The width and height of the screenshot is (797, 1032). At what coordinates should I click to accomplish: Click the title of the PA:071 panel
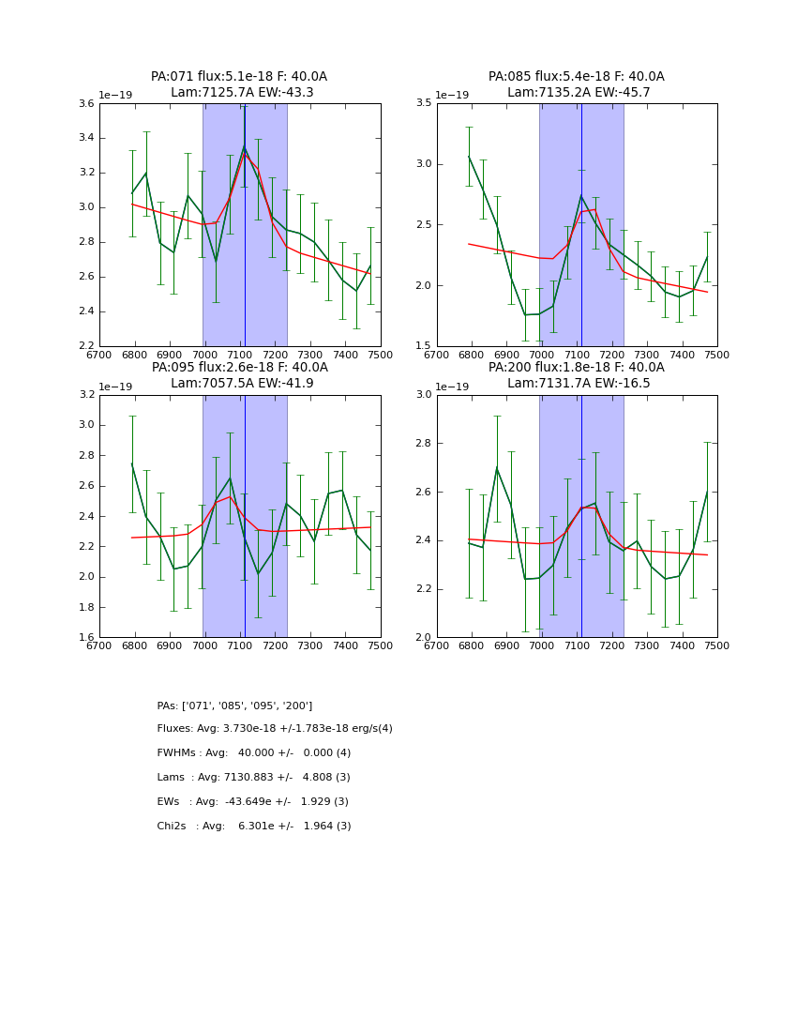[x=239, y=84]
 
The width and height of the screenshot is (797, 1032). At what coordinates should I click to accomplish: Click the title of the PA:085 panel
[x=576, y=84]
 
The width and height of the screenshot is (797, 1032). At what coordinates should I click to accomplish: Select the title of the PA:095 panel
[x=239, y=375]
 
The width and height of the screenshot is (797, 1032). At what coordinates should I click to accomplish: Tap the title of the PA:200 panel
[x=576, y=375]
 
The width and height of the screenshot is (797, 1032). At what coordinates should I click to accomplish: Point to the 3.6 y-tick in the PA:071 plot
[x=86, y=104]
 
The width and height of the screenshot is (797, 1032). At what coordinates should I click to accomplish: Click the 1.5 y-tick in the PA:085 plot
[x=423, y=346]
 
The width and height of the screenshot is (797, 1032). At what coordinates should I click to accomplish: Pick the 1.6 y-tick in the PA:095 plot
[x=86, y=638]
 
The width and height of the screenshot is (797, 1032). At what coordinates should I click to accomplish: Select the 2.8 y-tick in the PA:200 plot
[x=423, y=443]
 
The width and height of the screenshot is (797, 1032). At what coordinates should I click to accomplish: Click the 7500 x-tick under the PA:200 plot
[x=717, y=645]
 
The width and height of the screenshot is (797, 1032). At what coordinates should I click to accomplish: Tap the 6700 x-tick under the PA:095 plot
[x=99, y=645]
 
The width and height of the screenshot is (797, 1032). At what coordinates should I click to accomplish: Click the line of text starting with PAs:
[x=234, y=706]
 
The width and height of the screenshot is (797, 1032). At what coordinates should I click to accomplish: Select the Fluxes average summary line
[x=275, y=729]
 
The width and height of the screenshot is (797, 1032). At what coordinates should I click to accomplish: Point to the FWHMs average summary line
[x=254, y=753]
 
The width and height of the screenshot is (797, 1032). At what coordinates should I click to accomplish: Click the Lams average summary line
[x=253, y=778]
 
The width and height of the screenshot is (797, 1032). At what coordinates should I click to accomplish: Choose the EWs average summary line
[x=252, y=802]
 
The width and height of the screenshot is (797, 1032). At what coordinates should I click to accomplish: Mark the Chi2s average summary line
[x=254, y=827]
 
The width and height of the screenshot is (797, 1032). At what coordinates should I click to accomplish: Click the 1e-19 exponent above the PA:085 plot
[x=454, y=96]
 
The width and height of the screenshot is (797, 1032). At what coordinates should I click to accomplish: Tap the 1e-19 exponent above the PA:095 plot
[x=116, y=387]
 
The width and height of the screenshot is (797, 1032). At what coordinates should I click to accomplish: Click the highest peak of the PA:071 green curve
[x=245, y=145]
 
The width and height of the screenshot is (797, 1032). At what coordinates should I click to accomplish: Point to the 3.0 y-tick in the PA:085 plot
[x=423, y=164]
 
